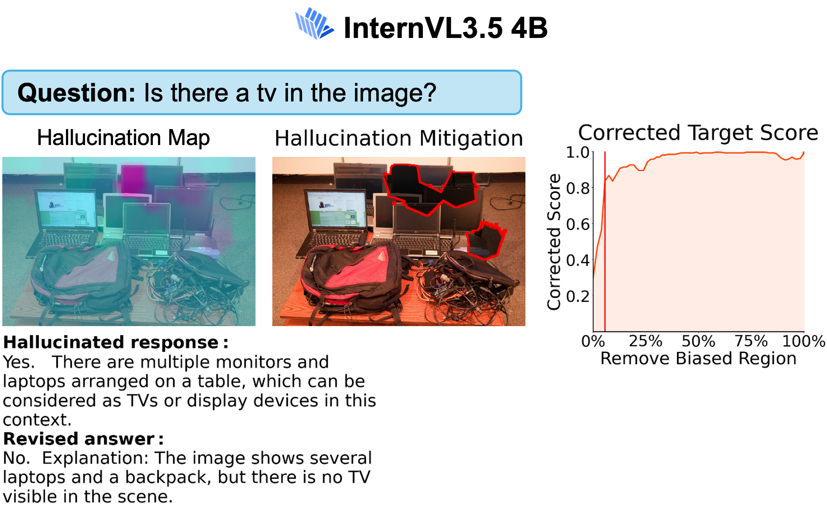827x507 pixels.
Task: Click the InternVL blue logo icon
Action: (314, 24)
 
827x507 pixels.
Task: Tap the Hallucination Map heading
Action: (123, 138)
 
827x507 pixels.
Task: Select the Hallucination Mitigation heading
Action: (399, 139)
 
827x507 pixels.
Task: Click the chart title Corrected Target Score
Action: (698, 132)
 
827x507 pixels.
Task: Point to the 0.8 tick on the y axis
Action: (577, 188)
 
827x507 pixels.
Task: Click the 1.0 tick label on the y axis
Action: (577, 152)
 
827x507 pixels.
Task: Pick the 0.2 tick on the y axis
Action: (577, 296)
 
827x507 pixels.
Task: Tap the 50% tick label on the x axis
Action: (698, 341)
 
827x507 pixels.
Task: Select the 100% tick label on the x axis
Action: (803, 341)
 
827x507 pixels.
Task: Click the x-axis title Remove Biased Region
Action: (698, 358)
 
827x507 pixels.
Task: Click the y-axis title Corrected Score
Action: (554, 242)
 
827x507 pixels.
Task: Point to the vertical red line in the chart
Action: (605, 241)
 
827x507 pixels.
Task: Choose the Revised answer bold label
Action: (83, 439)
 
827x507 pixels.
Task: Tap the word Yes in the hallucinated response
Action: (18, 362)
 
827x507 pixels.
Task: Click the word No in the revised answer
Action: (16, 458)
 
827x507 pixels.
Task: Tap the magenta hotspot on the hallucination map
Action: (133, 179)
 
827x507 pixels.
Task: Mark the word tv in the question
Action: (266, 93)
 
